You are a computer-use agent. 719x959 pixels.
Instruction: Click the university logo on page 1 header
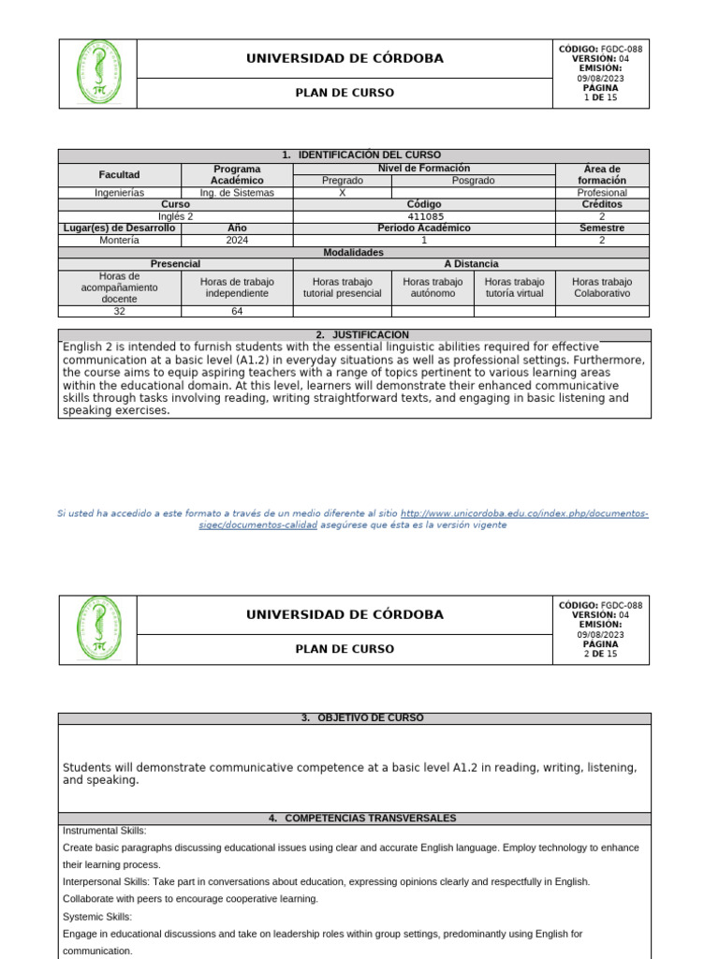click(98, 73)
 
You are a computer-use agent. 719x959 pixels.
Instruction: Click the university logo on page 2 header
click(98, 628)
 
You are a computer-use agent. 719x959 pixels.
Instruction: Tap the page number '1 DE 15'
click(600, 97)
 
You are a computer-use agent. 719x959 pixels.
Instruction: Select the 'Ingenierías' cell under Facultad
click(119, 193)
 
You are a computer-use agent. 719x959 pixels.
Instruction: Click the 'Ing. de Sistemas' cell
click(237, 193)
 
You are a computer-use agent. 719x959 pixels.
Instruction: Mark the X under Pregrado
click(342, 193)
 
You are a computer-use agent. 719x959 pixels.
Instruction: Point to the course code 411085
click(423, 216)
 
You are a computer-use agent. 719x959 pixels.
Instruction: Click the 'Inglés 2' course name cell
click(175, 216)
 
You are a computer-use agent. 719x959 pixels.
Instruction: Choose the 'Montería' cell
click(119, 240)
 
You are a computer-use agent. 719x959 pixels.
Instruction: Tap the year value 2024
click(237, 240)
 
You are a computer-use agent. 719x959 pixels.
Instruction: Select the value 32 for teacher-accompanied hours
click(119, 313)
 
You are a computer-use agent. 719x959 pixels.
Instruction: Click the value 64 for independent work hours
click(237, 313)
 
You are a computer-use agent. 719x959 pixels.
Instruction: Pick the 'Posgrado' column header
click(473, 181)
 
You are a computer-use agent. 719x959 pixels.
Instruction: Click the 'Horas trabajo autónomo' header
click(432, 287)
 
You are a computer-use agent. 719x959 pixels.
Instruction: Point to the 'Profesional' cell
click(601, 193)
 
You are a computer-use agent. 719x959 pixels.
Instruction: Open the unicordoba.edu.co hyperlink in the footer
click(523, 514)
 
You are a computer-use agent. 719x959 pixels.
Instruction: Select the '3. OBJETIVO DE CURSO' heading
click(362, 718)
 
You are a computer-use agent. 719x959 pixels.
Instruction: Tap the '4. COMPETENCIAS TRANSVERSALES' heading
click(362, 819)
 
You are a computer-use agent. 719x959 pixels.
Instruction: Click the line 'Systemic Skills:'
click(97, 917)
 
